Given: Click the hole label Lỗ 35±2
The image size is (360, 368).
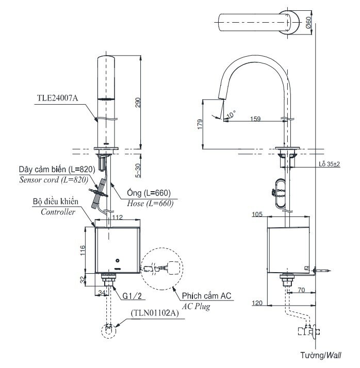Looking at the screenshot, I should pos(329,164).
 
